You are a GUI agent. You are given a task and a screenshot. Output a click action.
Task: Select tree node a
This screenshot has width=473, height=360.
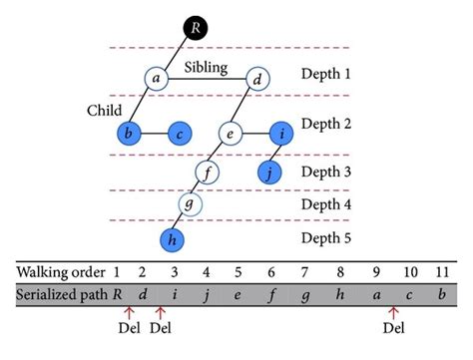(x=155, y=78)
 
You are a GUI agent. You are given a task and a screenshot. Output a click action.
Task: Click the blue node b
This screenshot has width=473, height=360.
(x=129, y=133)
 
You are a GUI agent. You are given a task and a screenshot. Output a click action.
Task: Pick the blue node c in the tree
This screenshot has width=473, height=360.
(x=180, y=133)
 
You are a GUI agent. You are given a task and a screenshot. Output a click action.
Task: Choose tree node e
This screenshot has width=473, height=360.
(x=231, y=133)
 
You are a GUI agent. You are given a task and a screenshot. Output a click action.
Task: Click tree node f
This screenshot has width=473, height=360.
(x=206, y=173)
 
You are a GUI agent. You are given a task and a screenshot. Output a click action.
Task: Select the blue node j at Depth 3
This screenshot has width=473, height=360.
(x=268, y=173)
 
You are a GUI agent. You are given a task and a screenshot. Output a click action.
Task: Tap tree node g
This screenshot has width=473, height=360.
(x=190, y=205)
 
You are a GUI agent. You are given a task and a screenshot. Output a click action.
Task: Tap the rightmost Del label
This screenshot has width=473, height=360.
(x=394, y=326)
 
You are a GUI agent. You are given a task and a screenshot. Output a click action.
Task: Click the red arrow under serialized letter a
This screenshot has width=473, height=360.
(x=394, y=312)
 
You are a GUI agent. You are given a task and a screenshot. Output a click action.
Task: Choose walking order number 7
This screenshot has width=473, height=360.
(x=306, y=270)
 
